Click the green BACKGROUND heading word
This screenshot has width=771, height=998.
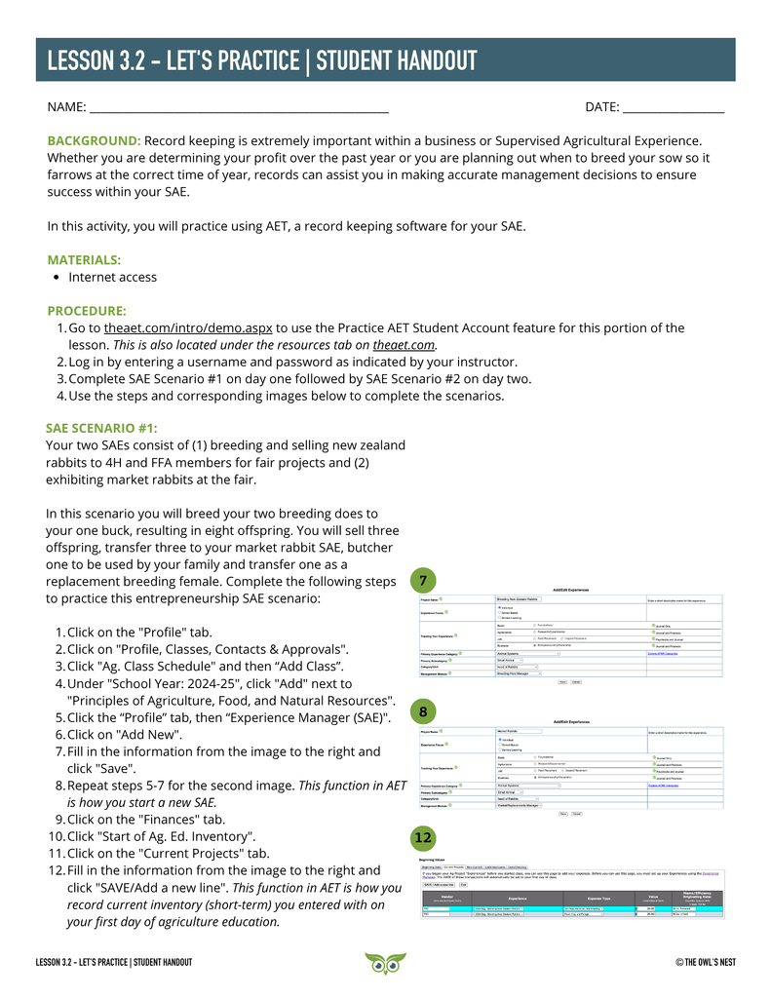[94, 140]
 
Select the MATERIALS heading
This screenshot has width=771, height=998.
[84, 259]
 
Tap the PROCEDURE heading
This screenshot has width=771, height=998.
[87, 311]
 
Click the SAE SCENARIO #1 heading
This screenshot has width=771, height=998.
[101, 428]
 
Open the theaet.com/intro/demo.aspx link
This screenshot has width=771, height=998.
[188, 328]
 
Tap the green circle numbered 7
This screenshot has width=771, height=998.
[422, 582]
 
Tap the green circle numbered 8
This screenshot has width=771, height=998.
[422, 711]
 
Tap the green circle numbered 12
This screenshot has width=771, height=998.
[422, 838]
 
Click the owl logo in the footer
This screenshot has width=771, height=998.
[385, 963]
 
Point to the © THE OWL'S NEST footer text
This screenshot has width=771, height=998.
[705, 963]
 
